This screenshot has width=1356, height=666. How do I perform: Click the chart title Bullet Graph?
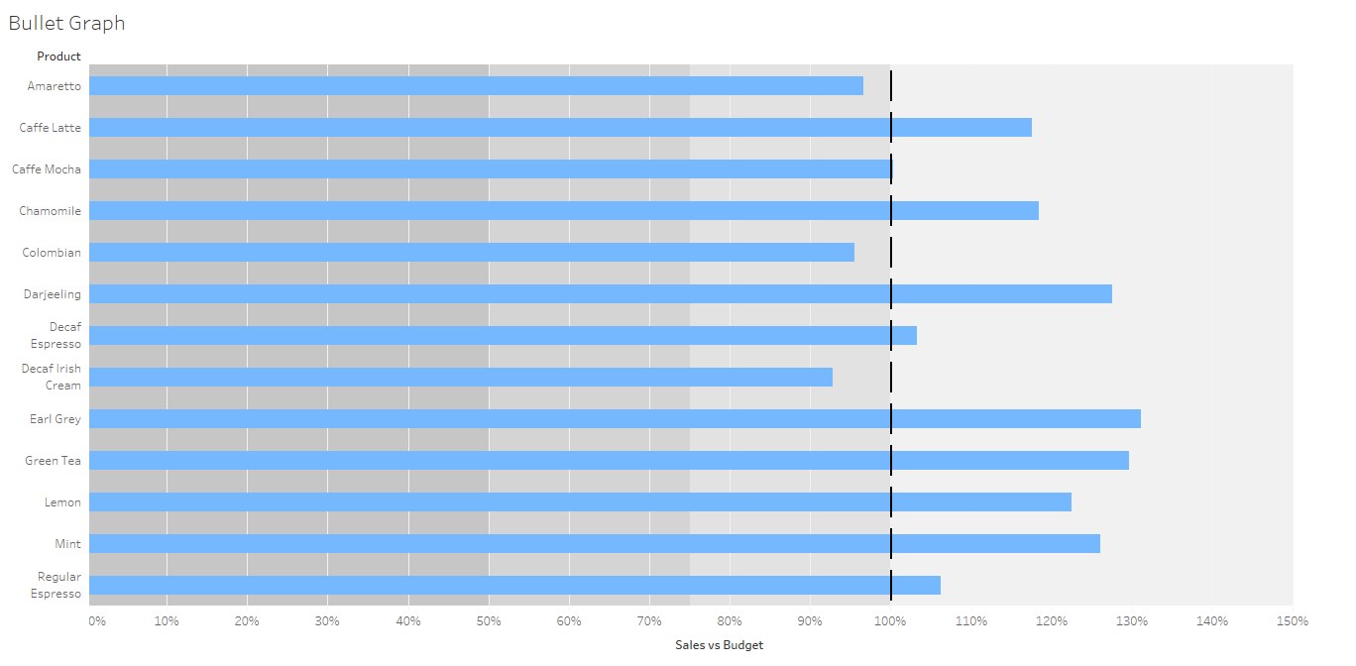(66, 23)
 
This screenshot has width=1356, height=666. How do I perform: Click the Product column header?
(58, 56)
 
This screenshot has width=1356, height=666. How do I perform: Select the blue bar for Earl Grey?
(615, 419)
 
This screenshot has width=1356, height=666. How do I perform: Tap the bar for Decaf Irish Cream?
(461, 378)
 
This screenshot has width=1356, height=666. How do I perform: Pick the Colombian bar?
(472, 253)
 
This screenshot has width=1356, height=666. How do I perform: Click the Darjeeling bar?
(601, 294)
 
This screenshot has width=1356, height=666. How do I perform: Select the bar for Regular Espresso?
(514, 586)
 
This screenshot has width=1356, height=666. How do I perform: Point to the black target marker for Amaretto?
(891, 86)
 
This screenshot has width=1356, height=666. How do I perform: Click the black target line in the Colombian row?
(891, 253)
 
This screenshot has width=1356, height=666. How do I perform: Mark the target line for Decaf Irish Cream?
(891, 378)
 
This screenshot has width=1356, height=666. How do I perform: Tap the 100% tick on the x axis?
(891, 621)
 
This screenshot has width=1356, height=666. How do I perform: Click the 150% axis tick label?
(1293, 621)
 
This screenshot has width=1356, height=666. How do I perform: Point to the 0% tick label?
(97, 621)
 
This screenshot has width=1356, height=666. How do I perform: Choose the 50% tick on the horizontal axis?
(489, 621)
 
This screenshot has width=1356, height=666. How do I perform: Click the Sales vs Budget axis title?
(719, 645)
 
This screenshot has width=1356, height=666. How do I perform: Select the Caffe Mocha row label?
(47, 169)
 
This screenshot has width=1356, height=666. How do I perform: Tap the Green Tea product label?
(54, 461)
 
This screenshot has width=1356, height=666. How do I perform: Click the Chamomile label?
(51, 211)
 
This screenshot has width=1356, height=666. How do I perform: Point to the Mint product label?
(68, 544)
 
